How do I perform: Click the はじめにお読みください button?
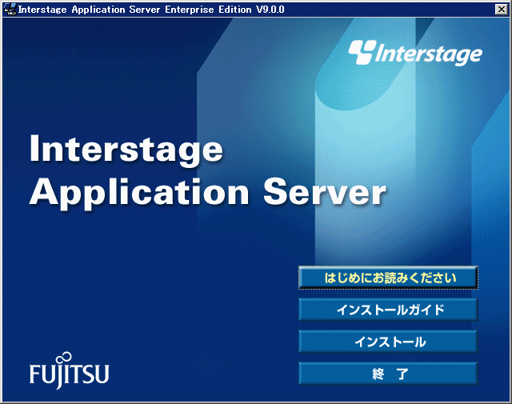click(x=388, y=278)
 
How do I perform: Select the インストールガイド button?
click(x=388, y=310)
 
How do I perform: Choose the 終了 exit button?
click(x=388, y=374)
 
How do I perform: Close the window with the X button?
click(x=502, y=10)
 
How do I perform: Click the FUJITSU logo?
click(x=70, y=371)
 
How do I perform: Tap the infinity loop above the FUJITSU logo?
click(x=64, y=358)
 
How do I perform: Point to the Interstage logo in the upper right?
click(x=415, y=53)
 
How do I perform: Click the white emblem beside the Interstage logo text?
click(x=361, y=51)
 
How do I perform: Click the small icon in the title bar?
click(x=10, y=9)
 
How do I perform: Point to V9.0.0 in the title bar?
click(x=270, y=10)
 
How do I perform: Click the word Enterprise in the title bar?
click(x=190, y=10)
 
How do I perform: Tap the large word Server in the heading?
click(x=325, y=192)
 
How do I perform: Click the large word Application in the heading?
click(x=139, y=194)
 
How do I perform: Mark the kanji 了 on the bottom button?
click(x=402, y=374)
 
